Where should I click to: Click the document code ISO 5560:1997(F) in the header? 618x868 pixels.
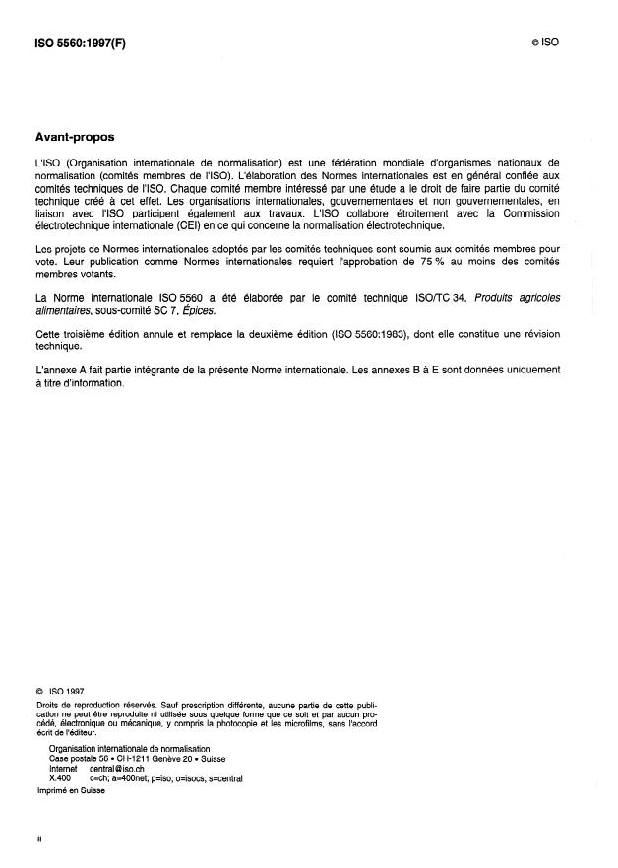pyautogui.click(x=74, y=43)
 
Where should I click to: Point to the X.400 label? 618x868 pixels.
pyautogui.click(x=61, y=776)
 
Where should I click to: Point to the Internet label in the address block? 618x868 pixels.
pyautogui.click(x=63, y=767)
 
